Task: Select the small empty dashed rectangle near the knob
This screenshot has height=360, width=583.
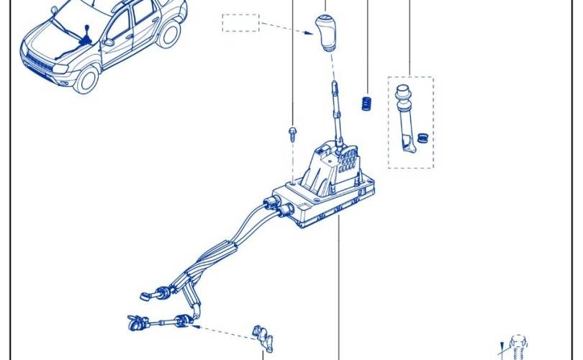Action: [x=240, y=22]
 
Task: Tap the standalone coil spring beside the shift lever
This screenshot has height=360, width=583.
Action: [x=366, y=103]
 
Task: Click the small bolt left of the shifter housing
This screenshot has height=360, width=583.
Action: [x=292, y=132]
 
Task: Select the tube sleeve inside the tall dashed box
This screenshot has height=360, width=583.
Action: [x=406, y=119]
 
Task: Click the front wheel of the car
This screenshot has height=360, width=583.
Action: [x=86, y=78]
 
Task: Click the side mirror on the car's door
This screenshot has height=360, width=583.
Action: [x=108, y=42]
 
